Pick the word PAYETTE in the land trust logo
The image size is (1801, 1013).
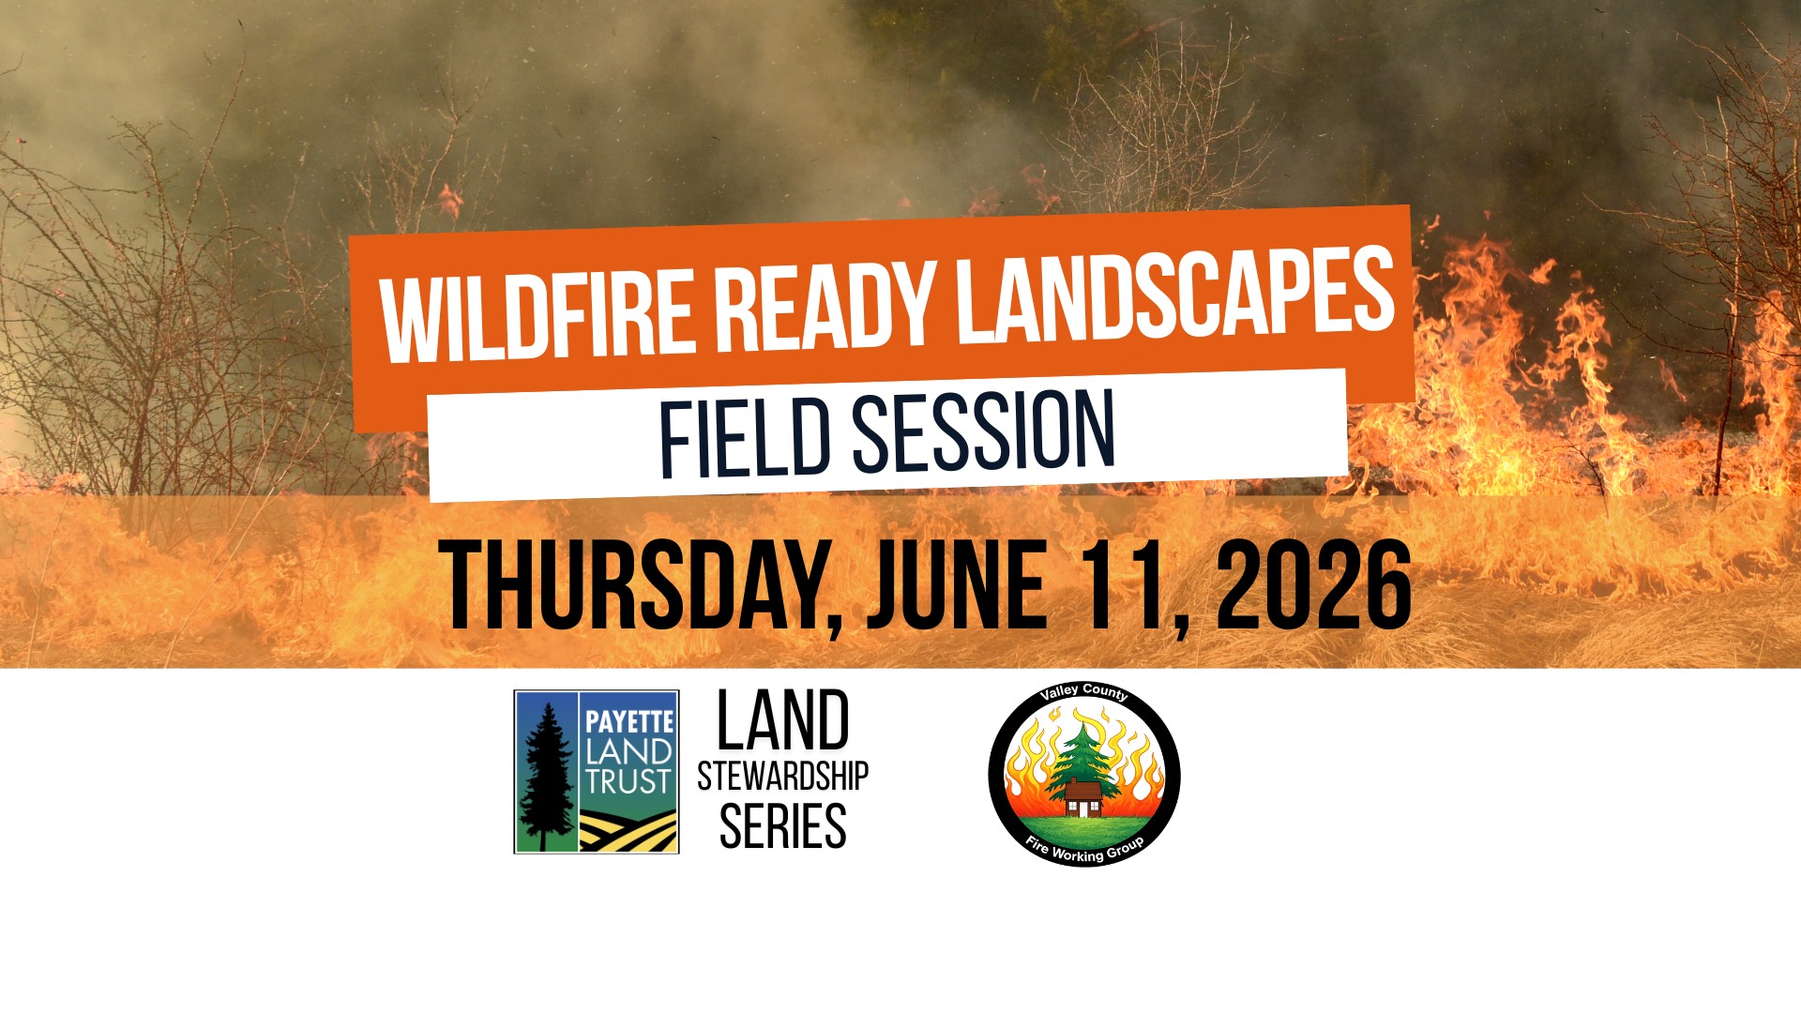click(x=629, y=721)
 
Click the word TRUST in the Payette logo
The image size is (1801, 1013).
click(x=629, y=781)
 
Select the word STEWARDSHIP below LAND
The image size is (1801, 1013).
click(x=782, y=777)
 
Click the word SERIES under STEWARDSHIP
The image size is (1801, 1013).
click(x=782, y=826)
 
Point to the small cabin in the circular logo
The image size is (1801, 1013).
click(x=1083, y=799)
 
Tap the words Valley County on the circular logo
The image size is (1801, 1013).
click(x=1084, y=694)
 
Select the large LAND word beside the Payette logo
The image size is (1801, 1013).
click(x=782, y=720)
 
